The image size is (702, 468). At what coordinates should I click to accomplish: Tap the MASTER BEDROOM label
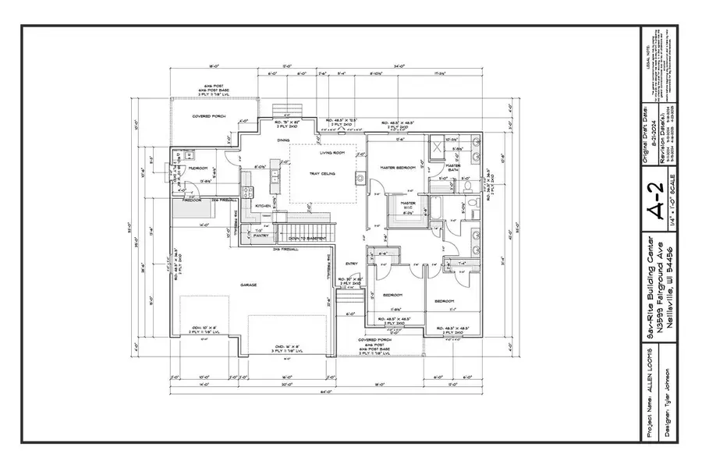395,168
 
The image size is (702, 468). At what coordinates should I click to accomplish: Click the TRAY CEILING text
321,175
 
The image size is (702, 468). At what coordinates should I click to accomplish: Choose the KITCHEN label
263,207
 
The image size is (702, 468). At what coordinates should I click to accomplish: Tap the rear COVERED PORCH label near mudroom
204,117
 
